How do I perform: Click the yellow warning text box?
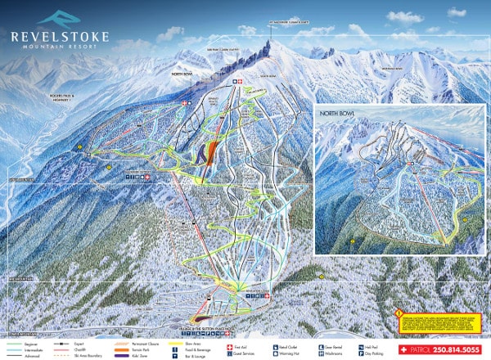coord(437,319)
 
